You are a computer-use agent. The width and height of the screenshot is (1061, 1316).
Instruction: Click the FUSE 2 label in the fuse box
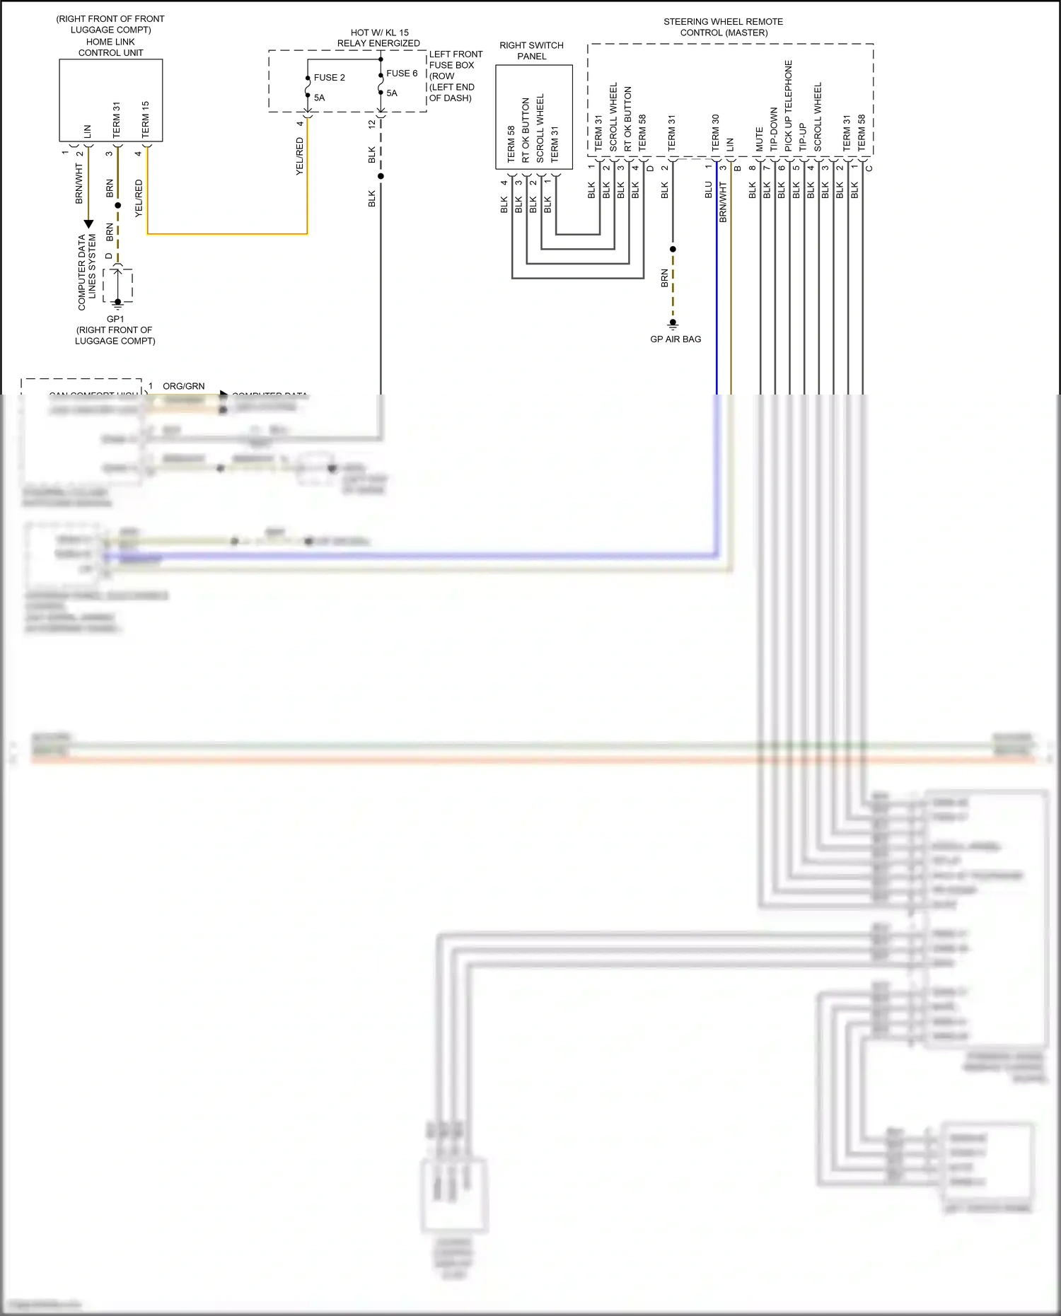coord(329,78)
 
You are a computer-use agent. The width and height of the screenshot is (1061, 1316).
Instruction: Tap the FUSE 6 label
coord(402,74)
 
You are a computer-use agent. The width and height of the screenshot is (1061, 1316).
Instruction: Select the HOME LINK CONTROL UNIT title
coord(110,47)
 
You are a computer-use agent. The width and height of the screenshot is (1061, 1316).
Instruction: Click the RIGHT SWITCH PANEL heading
coord(531,51)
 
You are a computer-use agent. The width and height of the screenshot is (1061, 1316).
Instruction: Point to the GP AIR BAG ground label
coord(676,339)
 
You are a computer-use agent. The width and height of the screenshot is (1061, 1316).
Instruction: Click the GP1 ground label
coord(115,319)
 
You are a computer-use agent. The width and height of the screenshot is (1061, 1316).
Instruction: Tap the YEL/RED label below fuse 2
coord(299,156)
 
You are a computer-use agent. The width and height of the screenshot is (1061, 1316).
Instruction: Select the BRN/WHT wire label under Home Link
coord(79,184)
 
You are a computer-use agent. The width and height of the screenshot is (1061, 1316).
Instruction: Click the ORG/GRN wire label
coord(184,386)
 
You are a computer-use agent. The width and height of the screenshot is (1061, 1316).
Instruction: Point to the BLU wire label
coord(708,190)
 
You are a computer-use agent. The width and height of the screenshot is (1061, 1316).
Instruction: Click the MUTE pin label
coord(759,139)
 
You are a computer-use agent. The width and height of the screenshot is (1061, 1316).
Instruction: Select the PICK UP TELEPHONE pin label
coord(789,106)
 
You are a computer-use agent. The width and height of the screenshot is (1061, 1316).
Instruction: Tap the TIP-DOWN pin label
coord(774,129)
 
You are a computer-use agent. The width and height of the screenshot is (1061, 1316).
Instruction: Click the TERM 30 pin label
coord(715,133)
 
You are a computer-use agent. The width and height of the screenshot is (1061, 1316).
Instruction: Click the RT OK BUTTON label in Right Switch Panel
coord(526,130)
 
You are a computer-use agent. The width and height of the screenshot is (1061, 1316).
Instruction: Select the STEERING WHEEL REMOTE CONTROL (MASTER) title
coord(723,27)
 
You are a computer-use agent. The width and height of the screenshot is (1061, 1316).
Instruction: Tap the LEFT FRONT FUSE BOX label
coord(456,59)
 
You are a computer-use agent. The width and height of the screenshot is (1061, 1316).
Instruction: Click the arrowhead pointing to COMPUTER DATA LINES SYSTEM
coord(88,224)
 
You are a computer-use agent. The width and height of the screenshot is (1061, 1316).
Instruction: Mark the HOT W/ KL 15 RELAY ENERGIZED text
coord(378,37)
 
